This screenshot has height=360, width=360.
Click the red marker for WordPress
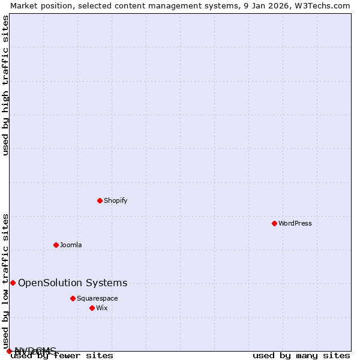pos(274,223)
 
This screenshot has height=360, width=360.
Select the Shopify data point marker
pos(100,200)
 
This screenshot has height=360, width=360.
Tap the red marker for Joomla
pos(56,245)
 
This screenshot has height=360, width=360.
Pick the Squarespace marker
pos(73,298)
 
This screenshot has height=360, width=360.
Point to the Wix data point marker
pos(92,308)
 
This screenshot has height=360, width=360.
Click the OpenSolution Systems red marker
pos(13,283)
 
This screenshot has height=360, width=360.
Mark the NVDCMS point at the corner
pos(9,351)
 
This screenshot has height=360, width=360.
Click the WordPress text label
pos(295,223)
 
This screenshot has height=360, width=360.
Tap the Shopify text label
pos(116,200)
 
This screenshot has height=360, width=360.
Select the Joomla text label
pos(71,245)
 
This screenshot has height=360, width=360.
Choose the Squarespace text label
pos(97,298)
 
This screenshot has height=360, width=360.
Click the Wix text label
pos(102,308)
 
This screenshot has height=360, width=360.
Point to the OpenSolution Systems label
pos(73,283)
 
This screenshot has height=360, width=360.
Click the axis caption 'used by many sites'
pos(301,356)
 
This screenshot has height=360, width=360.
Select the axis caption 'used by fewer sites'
pos(62,356)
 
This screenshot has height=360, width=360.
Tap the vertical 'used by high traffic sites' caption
pos(6,85)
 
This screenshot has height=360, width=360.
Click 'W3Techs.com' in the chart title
pos(325,5)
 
